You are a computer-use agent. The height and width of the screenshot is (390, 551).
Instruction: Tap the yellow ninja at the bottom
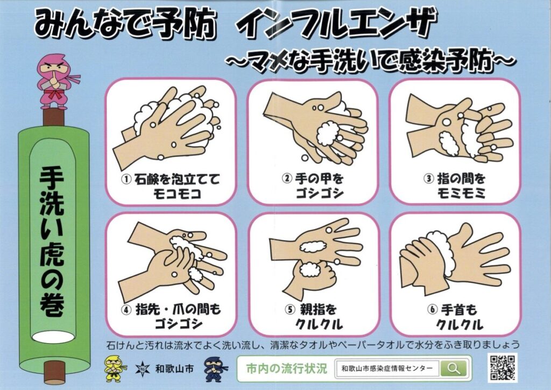115,368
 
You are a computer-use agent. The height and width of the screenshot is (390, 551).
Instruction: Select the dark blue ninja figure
215,369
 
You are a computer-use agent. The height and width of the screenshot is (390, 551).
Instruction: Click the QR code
503,367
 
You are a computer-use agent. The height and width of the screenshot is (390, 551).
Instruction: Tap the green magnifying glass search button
454,368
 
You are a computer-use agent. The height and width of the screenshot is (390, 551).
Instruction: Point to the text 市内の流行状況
286,368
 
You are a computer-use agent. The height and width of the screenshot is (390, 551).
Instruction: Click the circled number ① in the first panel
126,179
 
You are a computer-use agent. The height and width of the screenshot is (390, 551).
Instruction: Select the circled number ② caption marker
287,178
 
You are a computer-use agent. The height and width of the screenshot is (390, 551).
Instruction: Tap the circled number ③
428,178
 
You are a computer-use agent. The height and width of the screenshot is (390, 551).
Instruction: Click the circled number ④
126,309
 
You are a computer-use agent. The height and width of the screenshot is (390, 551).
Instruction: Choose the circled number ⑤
290,309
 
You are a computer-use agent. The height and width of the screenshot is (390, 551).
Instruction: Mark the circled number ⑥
432,309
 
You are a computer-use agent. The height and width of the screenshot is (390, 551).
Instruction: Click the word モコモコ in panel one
177,193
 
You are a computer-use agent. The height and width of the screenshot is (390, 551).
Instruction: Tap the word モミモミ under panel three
461,193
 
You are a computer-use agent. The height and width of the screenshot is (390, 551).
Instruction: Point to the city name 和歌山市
174,368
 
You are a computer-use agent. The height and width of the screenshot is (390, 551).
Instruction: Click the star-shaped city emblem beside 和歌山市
142,369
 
